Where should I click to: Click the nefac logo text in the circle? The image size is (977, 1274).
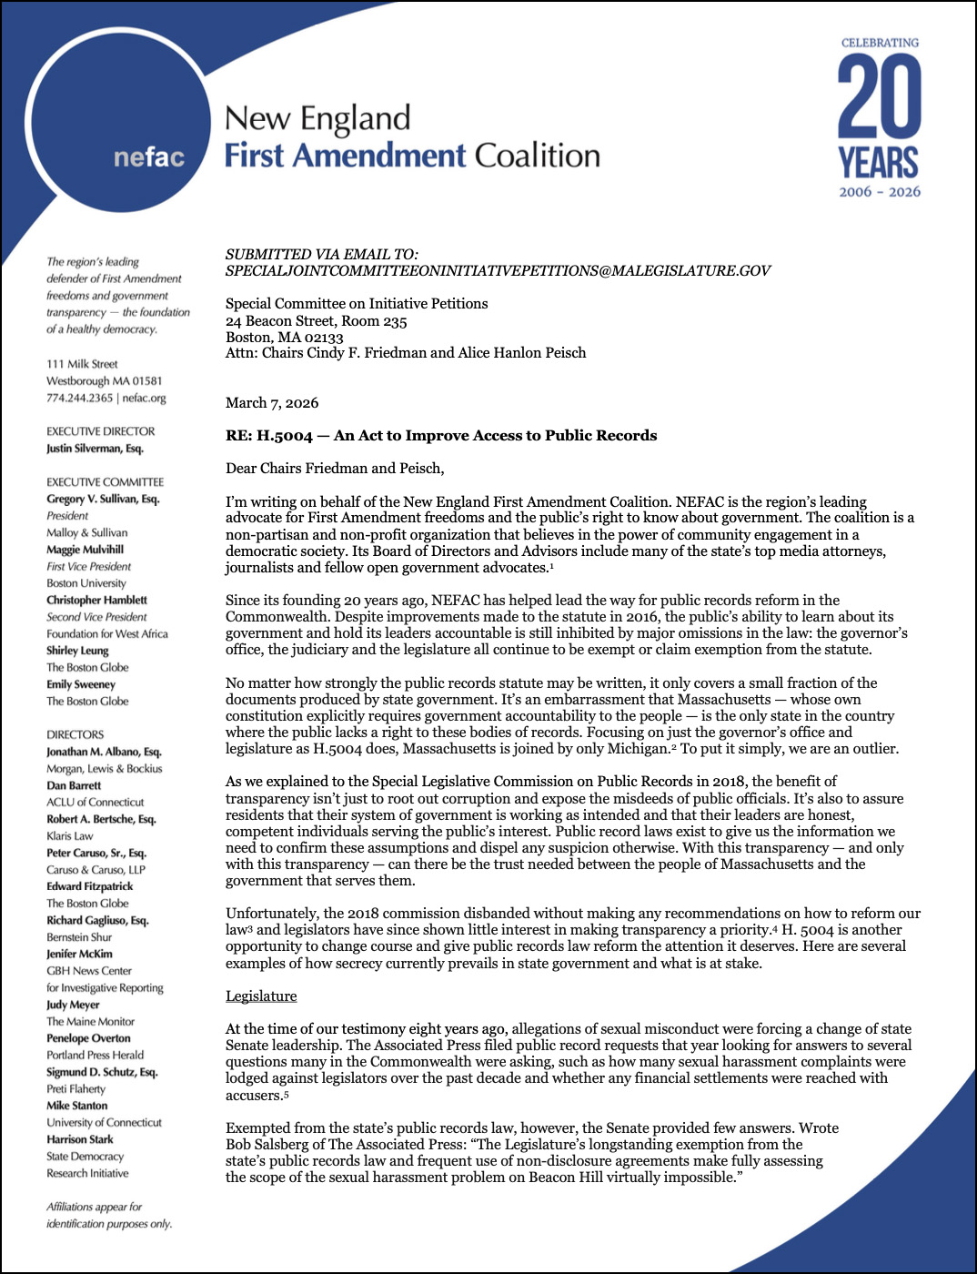coord(149,157)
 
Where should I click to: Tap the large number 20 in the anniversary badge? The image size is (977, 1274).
coord(879,96)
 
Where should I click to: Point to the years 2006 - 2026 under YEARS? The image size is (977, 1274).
coord(879,192)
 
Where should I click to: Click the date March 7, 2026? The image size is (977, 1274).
coord(272,403)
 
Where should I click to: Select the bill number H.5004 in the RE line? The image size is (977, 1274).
coord(285,436)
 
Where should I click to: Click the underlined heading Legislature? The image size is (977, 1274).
coord(261,996)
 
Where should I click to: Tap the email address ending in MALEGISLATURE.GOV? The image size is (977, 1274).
coord(498,271)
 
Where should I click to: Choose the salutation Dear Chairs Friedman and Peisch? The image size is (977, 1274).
coord(335,469)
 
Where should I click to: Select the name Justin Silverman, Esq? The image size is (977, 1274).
coord(95,449)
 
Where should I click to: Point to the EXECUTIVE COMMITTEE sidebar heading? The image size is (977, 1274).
coord(106,482)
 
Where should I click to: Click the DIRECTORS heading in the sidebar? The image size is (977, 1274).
coord(76,734)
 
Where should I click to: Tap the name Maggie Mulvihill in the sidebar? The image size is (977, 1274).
coord(85,550)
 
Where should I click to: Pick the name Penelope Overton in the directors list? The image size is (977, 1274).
coord(88,1038)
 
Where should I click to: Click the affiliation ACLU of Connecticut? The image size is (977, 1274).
coord(96,803)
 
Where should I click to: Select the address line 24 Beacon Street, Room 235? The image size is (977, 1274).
coord(316,321)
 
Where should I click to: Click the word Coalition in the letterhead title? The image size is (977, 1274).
coord(538,156)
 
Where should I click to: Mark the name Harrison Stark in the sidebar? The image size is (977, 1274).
coord(80,1139)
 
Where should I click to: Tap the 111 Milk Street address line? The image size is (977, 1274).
coord(82,364)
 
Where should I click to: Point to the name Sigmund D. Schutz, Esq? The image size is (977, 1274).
coord(102,1072)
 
